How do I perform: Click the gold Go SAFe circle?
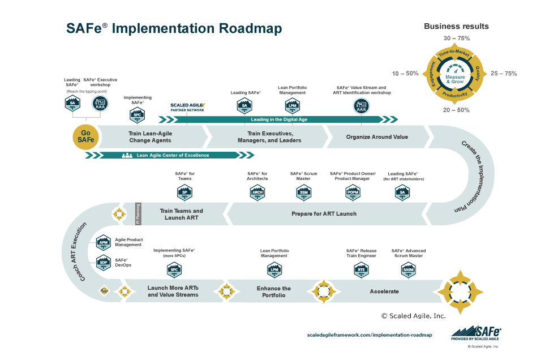coord(85,137)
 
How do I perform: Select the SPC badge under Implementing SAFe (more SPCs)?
coord(174,269)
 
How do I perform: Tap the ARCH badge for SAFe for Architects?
coord(257,192)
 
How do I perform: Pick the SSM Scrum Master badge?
coord(303,192)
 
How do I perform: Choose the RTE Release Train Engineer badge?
coord(360,269)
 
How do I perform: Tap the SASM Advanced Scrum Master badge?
coord(408,269)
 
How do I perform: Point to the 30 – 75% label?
coord(456,38)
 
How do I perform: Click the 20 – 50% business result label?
coord(456,110)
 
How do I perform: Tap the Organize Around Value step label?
coord(377,136)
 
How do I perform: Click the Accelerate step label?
coord(384,292)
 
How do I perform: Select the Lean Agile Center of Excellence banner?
coord(173,155)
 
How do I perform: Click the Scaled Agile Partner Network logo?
coord(187,106)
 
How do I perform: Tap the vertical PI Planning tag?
coord(138,215)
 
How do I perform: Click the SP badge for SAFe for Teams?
coord(184,192)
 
